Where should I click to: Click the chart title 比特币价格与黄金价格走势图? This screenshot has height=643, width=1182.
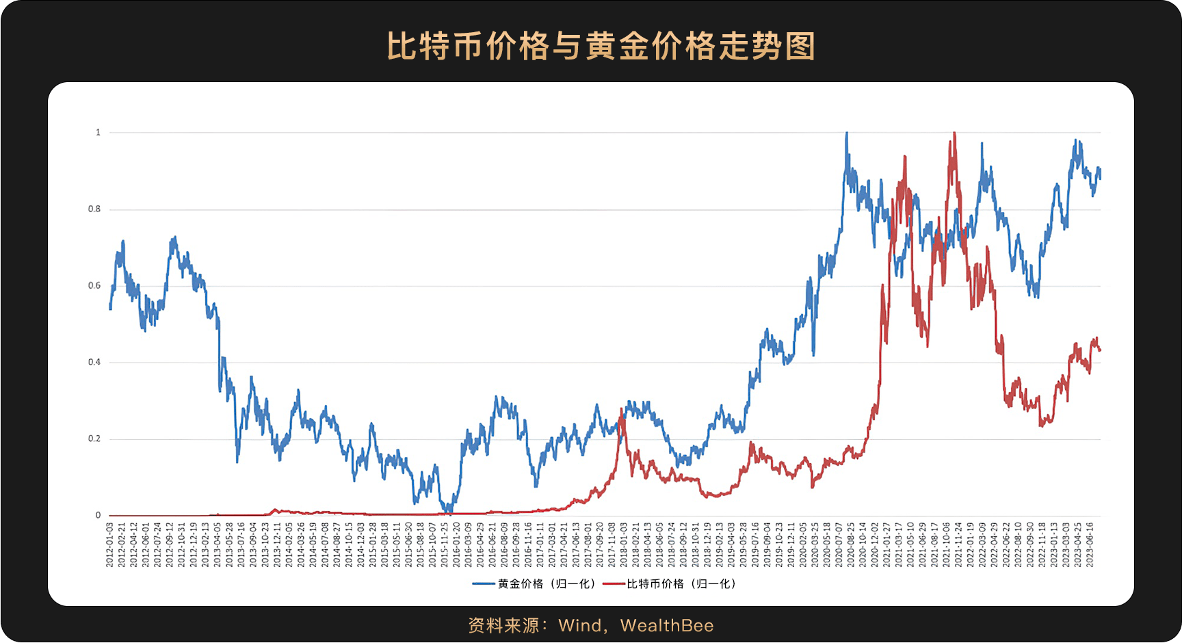(601, 47)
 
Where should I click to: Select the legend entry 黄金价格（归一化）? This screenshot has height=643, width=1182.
(546, 583)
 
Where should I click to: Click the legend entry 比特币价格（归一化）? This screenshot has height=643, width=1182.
(681, 583)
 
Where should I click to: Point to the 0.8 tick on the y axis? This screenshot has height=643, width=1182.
(94, 209)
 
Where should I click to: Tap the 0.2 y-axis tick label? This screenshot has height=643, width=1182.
(94, 439)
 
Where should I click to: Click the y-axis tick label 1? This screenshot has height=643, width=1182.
(98, 133)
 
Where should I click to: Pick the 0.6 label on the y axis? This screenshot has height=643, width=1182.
(94, 286)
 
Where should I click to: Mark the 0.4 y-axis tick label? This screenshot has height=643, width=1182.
(94, 363)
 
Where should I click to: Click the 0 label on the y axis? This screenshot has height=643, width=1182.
(98, 516)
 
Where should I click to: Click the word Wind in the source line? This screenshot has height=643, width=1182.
(579, 625)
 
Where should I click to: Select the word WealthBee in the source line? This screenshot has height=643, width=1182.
(667, 625)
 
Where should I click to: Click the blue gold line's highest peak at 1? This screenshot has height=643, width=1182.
(847, 133)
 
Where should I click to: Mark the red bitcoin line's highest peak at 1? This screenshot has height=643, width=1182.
(954, 133)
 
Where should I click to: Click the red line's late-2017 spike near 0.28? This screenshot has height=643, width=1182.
(621, 409)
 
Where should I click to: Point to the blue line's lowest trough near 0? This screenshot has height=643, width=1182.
(447, 511)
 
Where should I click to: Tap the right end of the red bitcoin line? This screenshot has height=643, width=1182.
(1100, 350)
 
